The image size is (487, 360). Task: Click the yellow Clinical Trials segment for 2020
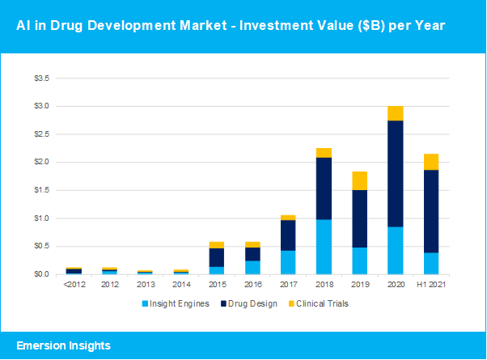(x=396, y=113)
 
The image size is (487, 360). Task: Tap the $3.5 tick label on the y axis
(x=40, y=78)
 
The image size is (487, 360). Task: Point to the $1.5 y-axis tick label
(x=40, y=190)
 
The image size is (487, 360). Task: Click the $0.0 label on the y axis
(x=40, y=274)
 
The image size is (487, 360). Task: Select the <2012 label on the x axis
(x=74, y=286)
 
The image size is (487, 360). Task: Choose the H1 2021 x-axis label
(x=430, y=286)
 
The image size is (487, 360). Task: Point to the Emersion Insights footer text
(x=62, y=345)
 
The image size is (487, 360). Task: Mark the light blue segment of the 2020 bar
(x=396, y=250)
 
